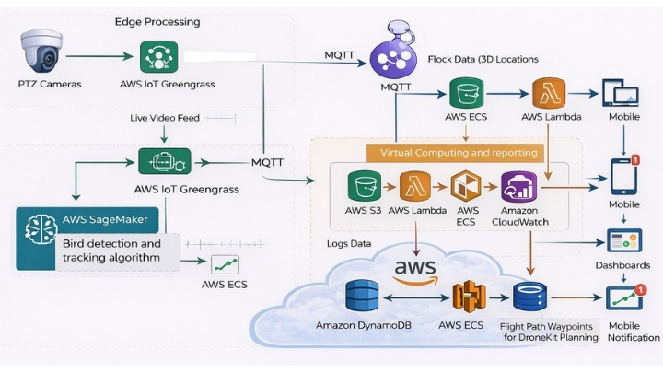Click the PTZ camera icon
(x=41, y=52)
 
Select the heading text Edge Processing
(x=157, y=21)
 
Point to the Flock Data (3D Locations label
(x=483, y=59)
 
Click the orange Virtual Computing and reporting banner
(x=455, y=152)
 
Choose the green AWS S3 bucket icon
(x=364, y=187)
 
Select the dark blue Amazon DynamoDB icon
(x=363, y=297)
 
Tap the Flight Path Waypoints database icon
(x=530, y=297)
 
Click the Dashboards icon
(x=622, y=241)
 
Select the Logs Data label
(x=349, y=244)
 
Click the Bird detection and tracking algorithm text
(x=111, y=251)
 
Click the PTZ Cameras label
(x=50, y=85)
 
